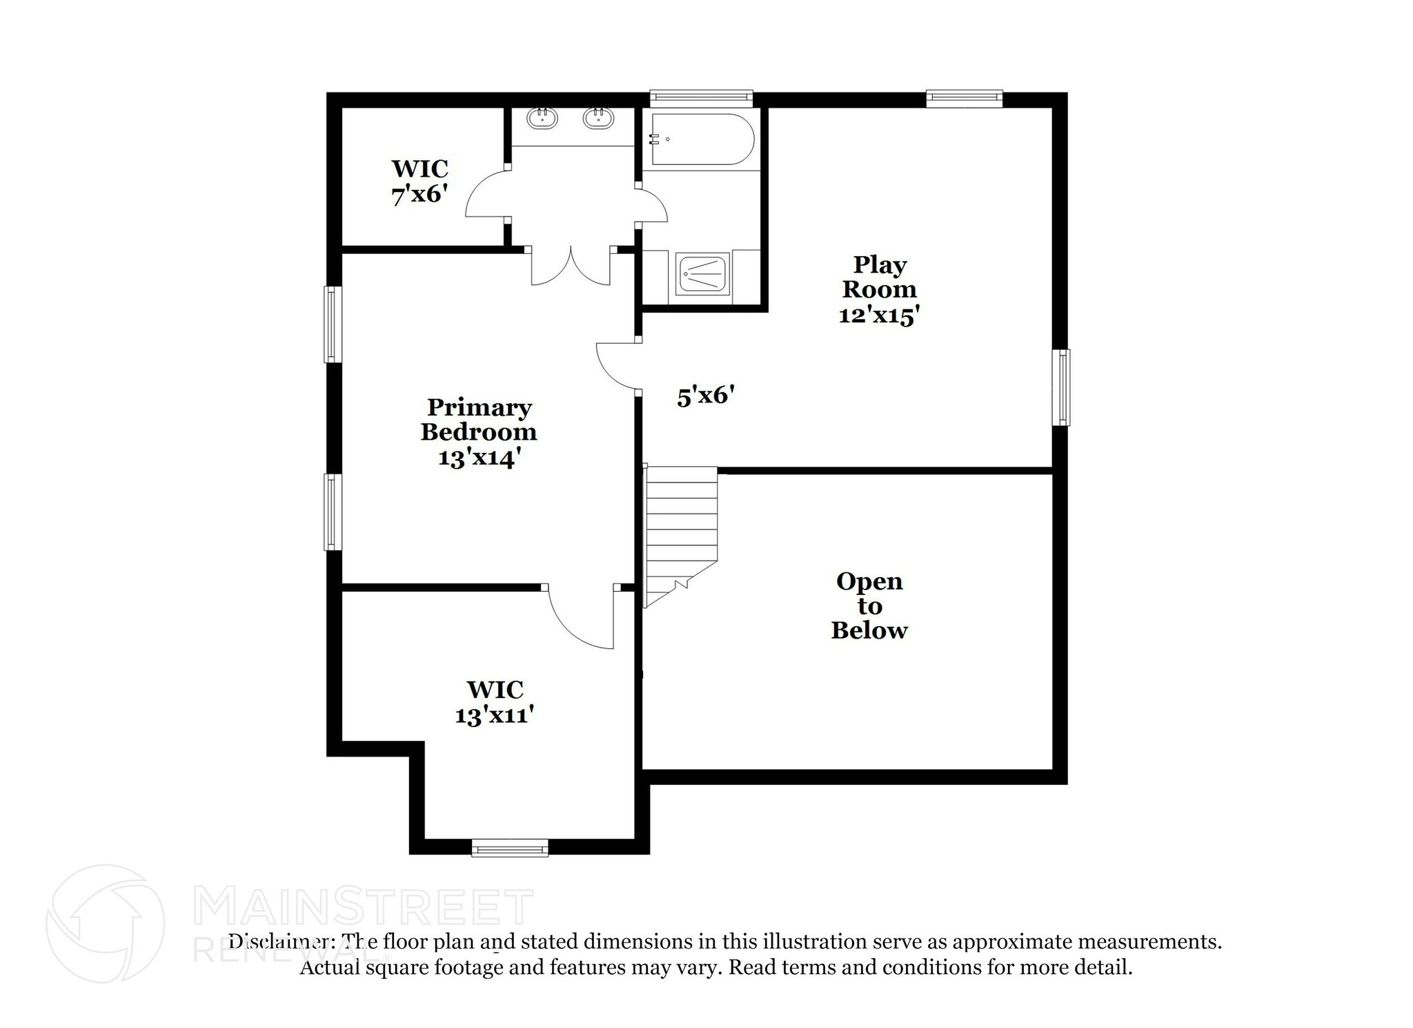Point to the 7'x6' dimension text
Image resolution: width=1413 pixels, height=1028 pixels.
tap(419, 195)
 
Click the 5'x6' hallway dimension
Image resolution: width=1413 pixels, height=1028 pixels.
tap(704, 396)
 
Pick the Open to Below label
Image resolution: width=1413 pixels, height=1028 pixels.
tap(869, 605)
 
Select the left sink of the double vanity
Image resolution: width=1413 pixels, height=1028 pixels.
tap(542, 119)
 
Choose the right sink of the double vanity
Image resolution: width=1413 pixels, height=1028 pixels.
tap(598, 119)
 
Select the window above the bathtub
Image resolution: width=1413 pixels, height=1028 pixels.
tap(701, 98)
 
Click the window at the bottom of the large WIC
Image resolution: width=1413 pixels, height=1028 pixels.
tap(510, 848)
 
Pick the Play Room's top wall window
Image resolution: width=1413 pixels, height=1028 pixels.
tap(963, 98)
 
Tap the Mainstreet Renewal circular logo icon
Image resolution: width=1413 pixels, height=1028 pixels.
tap(105, 924)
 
